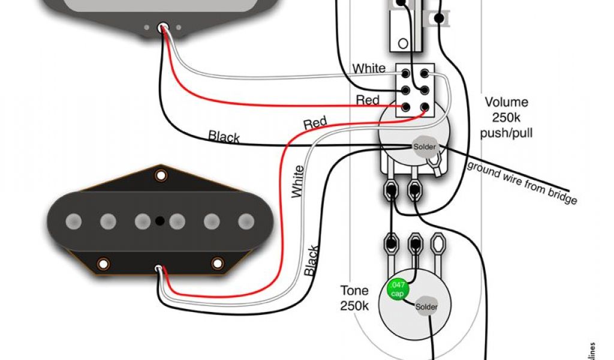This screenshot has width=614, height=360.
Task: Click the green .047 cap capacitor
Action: click(x=398, y=289)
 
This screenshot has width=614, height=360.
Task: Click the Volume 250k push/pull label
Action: click(x=506, y=117)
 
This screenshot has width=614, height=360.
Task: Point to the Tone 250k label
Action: click(x=354, y=298)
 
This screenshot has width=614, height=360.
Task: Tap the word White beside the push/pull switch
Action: click(x=369, y=68)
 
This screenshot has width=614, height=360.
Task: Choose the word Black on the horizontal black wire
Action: click(x=224, y=137)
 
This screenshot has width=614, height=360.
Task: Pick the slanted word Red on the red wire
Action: click(x=315, y=124)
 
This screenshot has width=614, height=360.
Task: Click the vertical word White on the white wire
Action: click(x=298, y=182)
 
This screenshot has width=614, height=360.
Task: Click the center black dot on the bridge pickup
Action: click(x=159, y=221)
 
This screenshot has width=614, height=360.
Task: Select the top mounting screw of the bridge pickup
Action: click(x=160, y=175)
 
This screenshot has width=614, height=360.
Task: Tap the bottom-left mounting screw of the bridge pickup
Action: click(x=103, y=263)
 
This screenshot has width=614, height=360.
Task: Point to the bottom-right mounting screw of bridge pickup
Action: click(x=217, y=263)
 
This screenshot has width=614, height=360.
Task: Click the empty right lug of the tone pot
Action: click(x=438, y=244)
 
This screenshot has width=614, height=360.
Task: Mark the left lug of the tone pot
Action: click(x=392, y=244)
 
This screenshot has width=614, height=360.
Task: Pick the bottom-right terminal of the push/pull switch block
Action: click(x=425, y=108)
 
